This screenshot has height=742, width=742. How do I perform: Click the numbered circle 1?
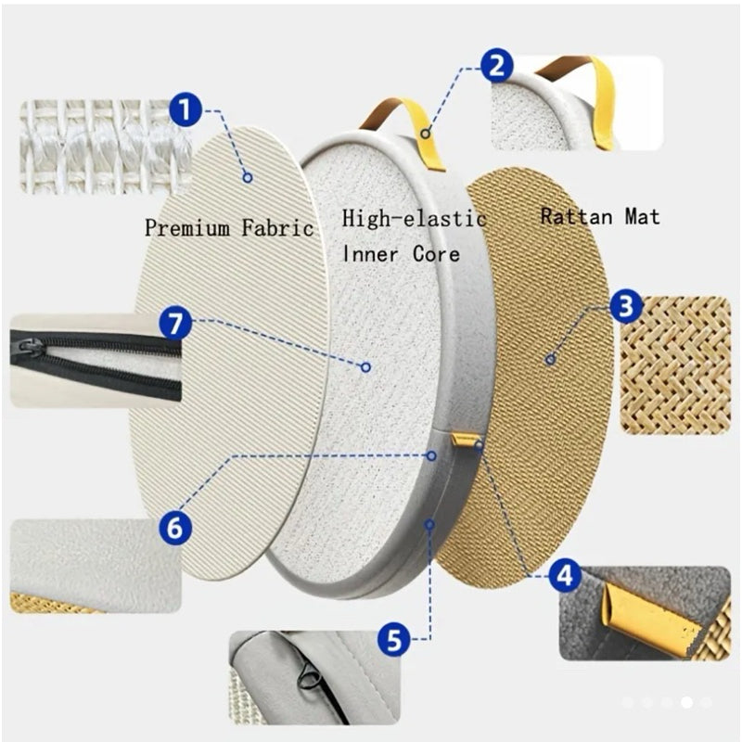[185, 109]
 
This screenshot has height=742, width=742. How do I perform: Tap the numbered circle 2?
[497, 67]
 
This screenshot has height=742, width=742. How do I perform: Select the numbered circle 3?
[626, 306]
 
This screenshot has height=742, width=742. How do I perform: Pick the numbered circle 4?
[565, 576]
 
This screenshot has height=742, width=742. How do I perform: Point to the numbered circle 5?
[394, 640]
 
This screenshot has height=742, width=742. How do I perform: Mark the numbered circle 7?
[175, 324]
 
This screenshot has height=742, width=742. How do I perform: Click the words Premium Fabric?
[229, 227]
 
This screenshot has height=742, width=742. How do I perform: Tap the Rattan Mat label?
[600, 217]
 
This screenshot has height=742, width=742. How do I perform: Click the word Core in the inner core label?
[436, 254]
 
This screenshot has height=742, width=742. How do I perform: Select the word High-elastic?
[414, 218]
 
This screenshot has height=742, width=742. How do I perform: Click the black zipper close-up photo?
[96, 361]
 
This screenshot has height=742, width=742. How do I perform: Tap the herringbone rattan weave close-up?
[675, 365]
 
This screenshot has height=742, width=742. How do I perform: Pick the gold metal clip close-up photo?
[645, 613]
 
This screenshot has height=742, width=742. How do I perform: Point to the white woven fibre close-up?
[105, 147]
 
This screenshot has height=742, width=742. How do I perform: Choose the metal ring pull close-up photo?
[314, 677]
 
